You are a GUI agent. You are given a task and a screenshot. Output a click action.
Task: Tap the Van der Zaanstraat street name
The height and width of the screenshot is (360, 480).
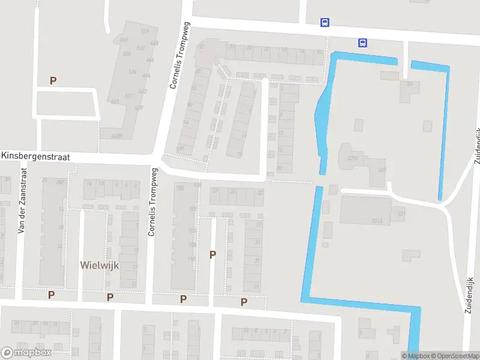click(x=23, y=200)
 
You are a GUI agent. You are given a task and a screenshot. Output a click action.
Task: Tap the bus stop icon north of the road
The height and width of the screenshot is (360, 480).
click(x=325, y=23)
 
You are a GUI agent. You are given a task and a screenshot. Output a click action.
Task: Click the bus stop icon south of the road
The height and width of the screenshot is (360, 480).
click(x=362, y=43)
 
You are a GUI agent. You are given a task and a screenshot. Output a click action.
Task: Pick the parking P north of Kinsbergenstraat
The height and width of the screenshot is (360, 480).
click(x=53, y=80)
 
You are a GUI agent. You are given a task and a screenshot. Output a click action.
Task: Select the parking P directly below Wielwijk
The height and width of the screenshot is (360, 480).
click(x=110, y=297)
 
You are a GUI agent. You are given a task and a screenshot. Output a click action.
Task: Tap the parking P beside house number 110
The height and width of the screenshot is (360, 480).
click(x=212, y=254)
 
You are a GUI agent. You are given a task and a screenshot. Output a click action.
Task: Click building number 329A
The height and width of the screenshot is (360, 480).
click(x=352, y=158)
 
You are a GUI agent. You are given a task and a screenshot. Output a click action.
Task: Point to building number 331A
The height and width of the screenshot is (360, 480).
click(x=377, y=221)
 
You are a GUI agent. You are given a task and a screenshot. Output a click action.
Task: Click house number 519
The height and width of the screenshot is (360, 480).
click(x=144, y=31)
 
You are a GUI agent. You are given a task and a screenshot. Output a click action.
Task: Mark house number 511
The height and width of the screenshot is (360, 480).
click(x=128, y=96)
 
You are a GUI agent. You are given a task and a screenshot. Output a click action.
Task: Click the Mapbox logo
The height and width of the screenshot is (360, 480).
click(x=26, y=353)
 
